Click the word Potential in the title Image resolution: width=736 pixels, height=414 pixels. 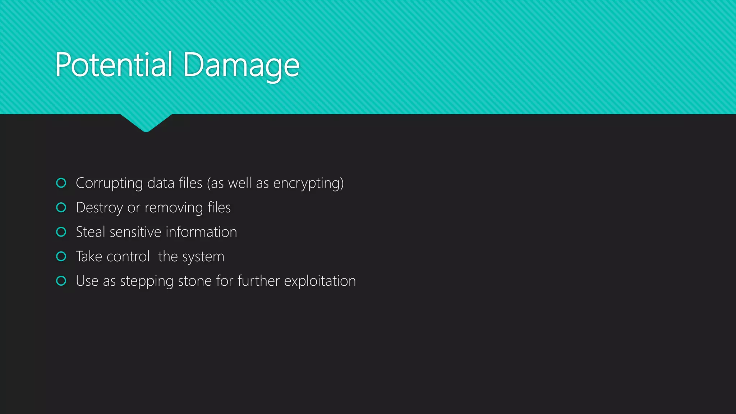[114, 65]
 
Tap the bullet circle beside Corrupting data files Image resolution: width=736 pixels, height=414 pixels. [61, 183]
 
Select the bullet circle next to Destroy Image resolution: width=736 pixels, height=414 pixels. [61, 207]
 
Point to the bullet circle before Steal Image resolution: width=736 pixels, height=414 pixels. [61, 232]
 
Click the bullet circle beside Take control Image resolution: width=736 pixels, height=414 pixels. [61, 256]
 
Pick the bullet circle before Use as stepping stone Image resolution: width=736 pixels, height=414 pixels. [61, 281]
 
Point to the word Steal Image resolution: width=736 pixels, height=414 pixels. [90, 232]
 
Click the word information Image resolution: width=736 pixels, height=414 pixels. [201, 232]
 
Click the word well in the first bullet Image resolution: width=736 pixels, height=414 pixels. [240, 183]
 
